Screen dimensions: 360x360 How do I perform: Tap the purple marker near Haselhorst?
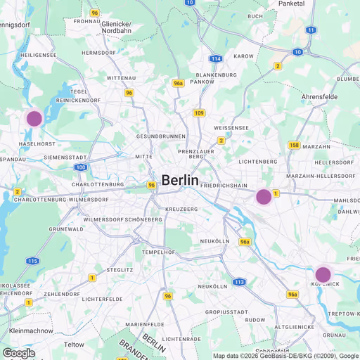coord(34,118)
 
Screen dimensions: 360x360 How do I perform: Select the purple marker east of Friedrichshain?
coord(264,197)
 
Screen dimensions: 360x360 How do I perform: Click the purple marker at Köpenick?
coord(323,274)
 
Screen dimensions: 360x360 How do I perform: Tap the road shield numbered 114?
coord(216,58)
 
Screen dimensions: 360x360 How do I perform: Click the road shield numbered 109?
coord(200,112)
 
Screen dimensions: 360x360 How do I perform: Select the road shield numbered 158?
coord(294,146)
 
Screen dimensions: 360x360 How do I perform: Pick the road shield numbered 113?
coord(240,282)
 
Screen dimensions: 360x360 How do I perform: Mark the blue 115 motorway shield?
coord(32,261)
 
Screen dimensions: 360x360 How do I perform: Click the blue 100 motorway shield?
coord(81,167)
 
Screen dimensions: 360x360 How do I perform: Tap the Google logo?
coord(19,353)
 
